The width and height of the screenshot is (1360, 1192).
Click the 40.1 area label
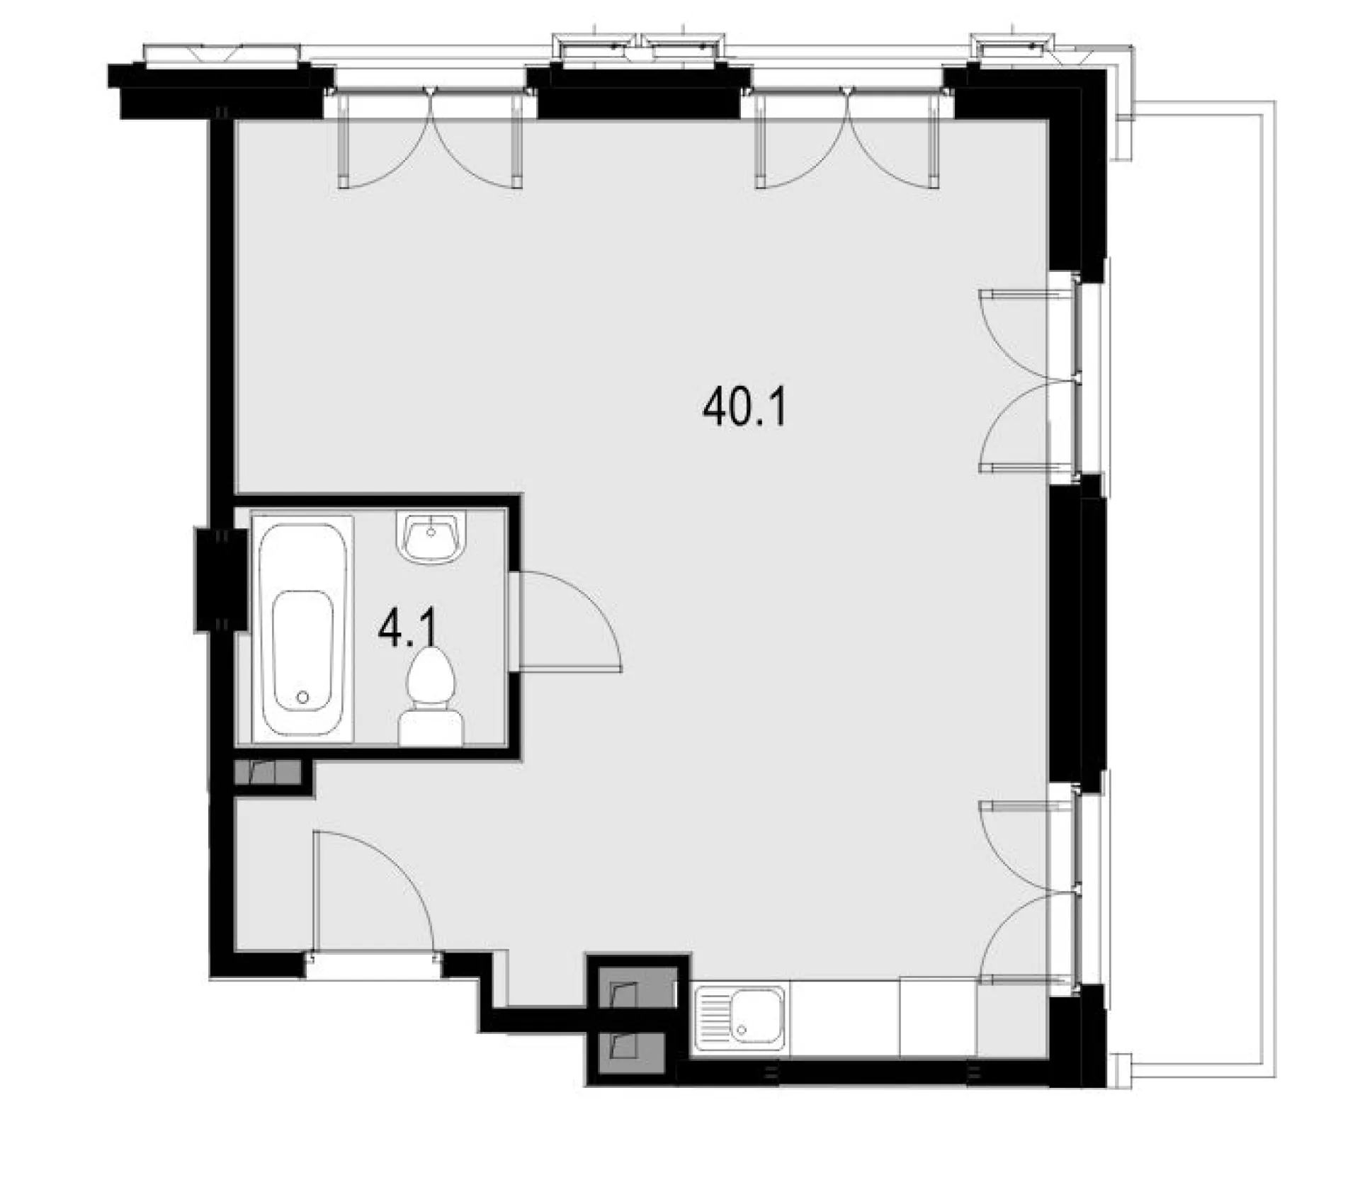point(744,409)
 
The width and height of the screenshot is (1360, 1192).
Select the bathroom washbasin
point(431,538)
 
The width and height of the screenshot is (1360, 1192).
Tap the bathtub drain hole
point(303,698)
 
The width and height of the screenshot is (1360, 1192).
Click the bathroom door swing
point(570,620)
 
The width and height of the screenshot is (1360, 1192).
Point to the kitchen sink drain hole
point(742,1029)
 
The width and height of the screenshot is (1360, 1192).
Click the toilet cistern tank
point(431,730)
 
